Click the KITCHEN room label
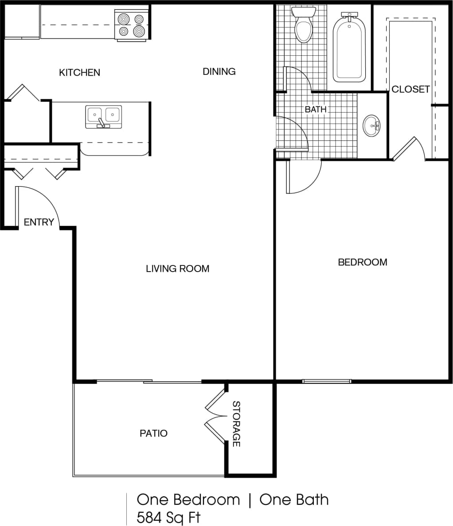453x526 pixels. (x=79, y=72)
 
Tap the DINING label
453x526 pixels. (x=219, y=71)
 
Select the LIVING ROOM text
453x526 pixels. (x=177, y=269)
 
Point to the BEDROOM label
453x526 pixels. (x=362, y=262)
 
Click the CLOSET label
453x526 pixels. (x=410, y=89)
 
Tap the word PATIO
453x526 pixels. (x=153, y=433)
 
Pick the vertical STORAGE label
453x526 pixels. (x=236, y=424)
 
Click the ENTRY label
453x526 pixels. (x=39, y=222)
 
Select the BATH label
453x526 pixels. (x=315, y=109)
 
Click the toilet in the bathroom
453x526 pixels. (x=304, y=27)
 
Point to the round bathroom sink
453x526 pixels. (x=371, y=126)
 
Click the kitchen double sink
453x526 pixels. (x=103, y=117)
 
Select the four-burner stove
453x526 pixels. (x=131, y=25)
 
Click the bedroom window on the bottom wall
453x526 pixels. (x=327, y=381)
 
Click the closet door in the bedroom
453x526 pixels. (x=404, y=148)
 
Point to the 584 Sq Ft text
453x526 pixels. (x=168, y=517)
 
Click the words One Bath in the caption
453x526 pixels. (x=294, y=499)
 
